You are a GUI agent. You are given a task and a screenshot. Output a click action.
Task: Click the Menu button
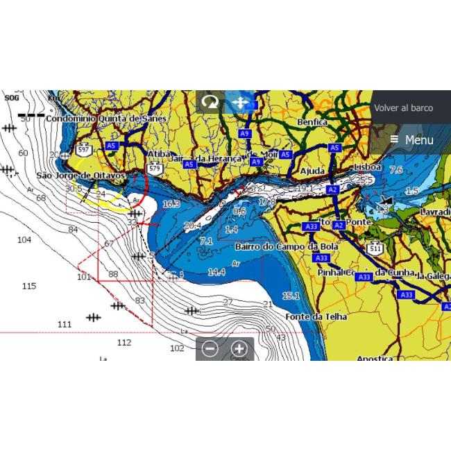pyautogui.click(x=411, y=140)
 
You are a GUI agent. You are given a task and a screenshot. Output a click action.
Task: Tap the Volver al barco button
pyautogui.click(x=403, y=108)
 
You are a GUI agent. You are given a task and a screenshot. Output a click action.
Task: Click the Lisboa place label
pyautogui.click(x=367, y=167)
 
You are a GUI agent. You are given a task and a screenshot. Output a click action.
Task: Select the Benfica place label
pyautogui.click(x=312, y=122)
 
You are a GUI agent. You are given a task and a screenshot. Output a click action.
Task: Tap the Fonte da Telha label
pyautogui.click(x=297, y=316)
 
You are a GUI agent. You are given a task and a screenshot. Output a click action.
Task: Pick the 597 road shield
pyautogui.click(x=83, y=149)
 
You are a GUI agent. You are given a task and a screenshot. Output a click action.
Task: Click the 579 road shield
pyautogui.click(x=155, y=168)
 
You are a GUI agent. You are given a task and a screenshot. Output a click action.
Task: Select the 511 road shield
pyautogui.click(x=376, y=248)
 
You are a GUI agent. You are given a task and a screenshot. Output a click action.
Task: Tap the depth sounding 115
pyautogui.click(x=28, y=286)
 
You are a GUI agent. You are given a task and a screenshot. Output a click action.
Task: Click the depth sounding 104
pyautogui.click(x=24, y=239)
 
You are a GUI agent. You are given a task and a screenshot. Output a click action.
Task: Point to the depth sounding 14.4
pyautogui.click(x=216, y=272)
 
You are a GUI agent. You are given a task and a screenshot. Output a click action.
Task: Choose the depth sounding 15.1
pyautogui.click(x=291, y=296)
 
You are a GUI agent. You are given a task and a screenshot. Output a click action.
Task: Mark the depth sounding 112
pyautogui.click(x=124, y=342)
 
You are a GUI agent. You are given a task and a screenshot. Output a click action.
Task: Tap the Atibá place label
pyautogui.click(x=159, y=154)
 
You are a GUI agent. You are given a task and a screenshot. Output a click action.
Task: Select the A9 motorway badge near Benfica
pyautogui.click(x=244, y=133)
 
